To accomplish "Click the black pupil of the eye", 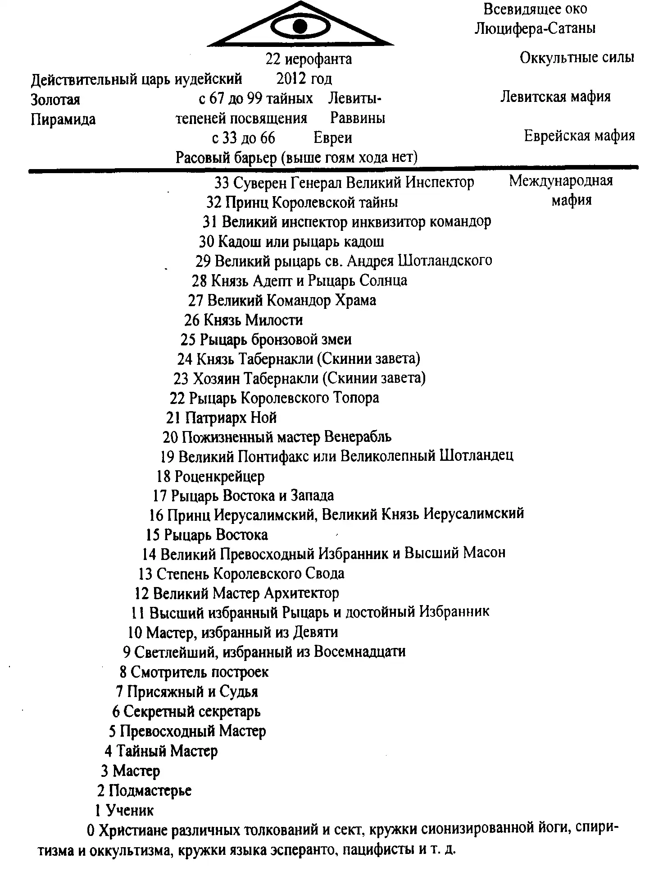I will point(300,26).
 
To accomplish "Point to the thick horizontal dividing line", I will point(333,169).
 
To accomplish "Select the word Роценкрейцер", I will point(219,476).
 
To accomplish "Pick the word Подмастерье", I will point(150,790).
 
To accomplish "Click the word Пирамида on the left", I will point(63,119).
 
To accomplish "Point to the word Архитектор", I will point(301,593).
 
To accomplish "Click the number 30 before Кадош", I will point(206,242).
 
